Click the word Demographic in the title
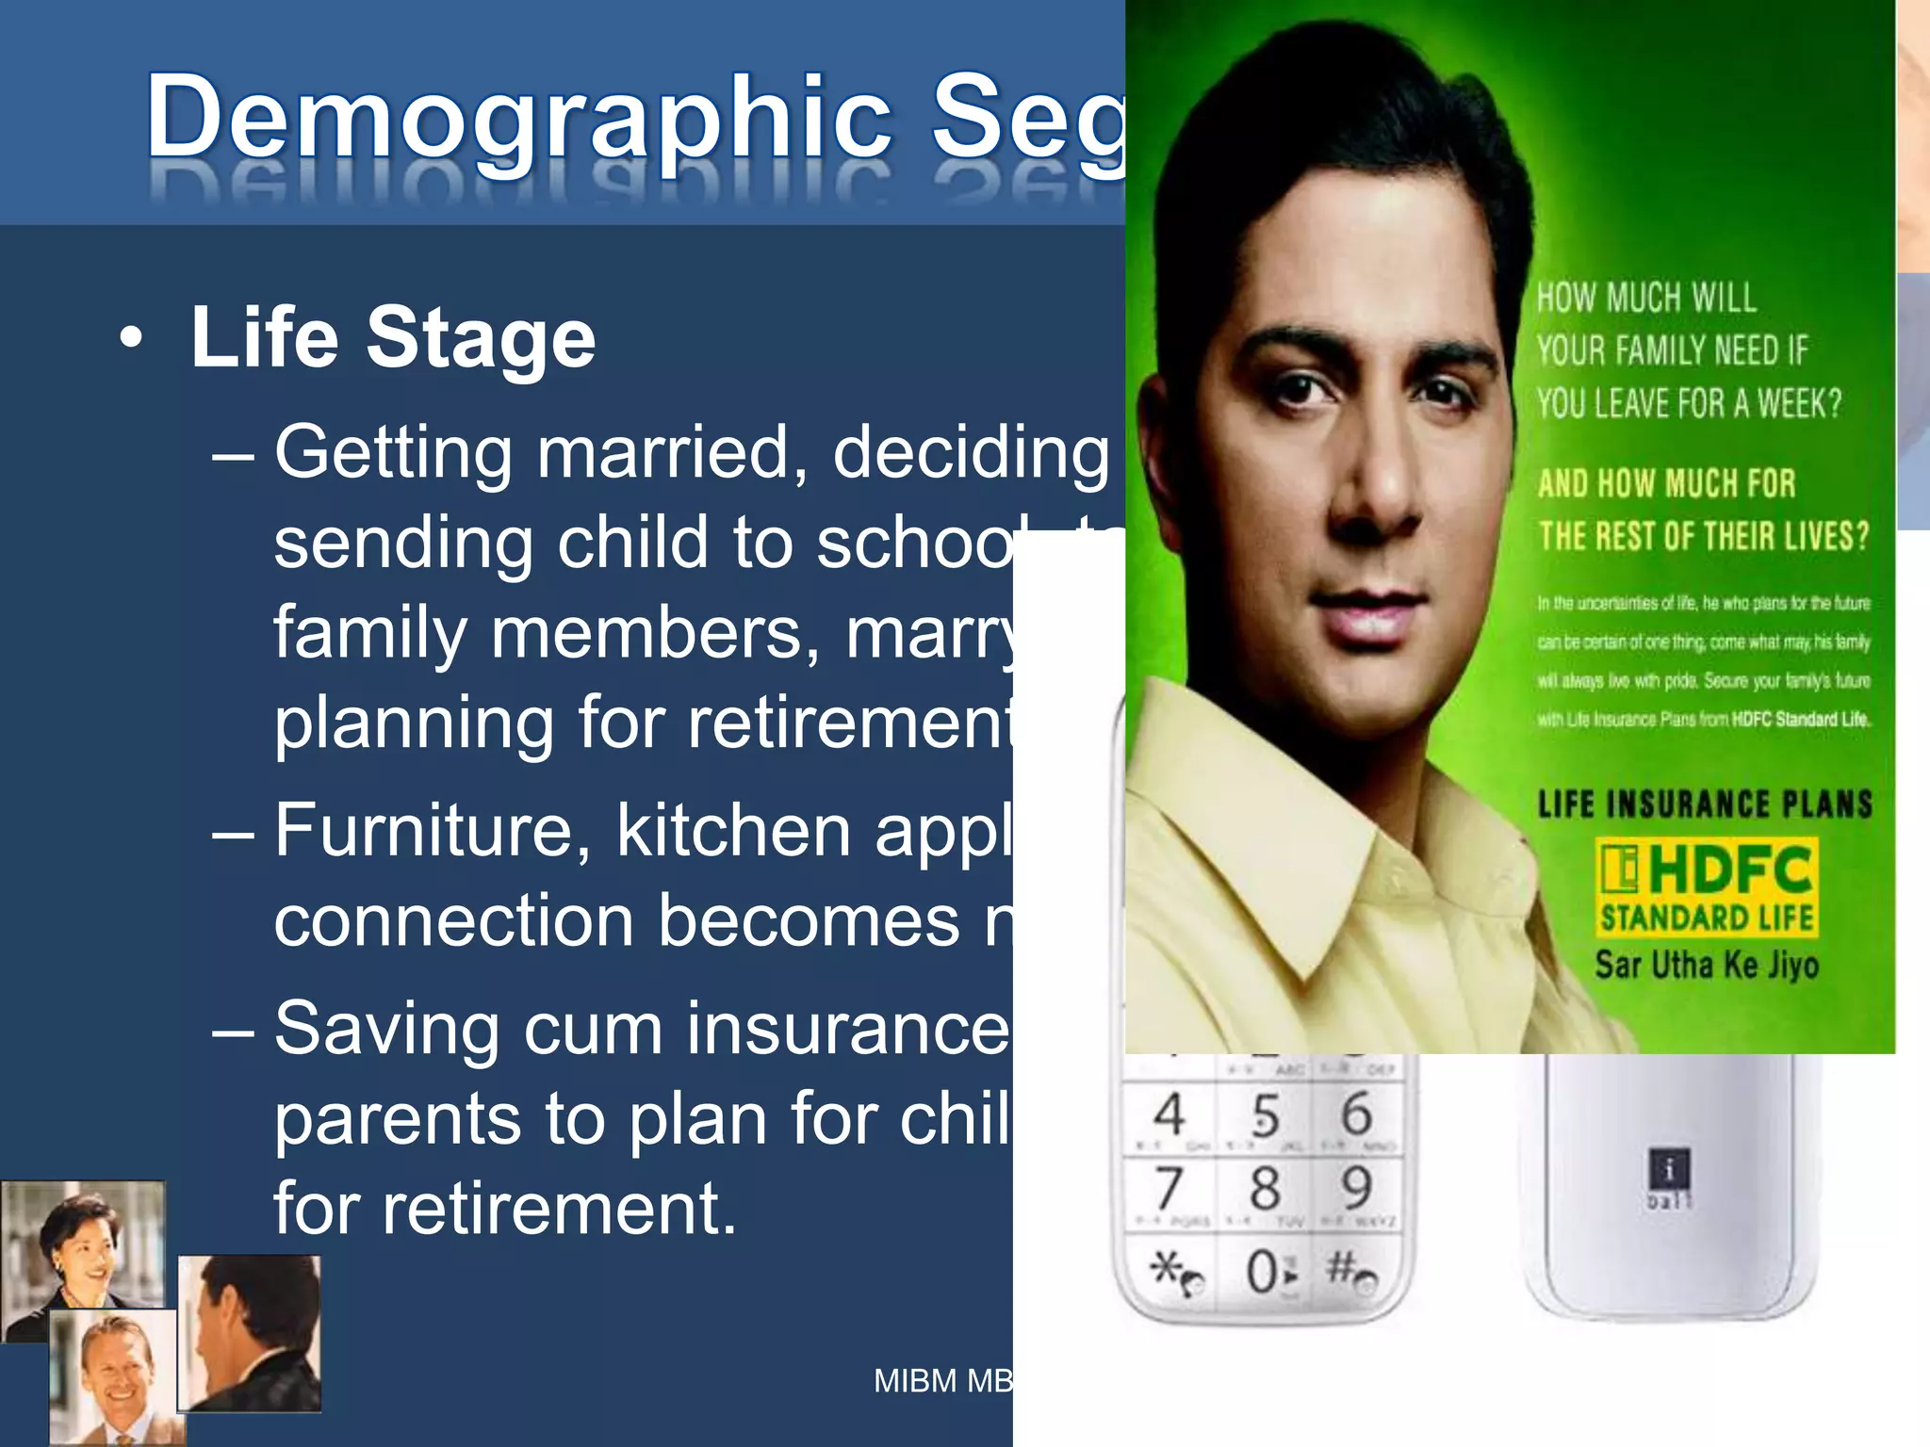click(x=518, y=118)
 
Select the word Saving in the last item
click(x=386, y=1028)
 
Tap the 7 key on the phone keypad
click(x=1169, y=1187)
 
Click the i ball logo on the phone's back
click(x=1669, y=1179)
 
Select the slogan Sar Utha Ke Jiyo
click(x=1706, y=964)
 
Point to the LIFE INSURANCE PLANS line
click(x=1704, y=804)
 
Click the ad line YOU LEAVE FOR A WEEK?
click(x=1689, y=403)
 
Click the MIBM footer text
click(x=942, y=1381)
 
